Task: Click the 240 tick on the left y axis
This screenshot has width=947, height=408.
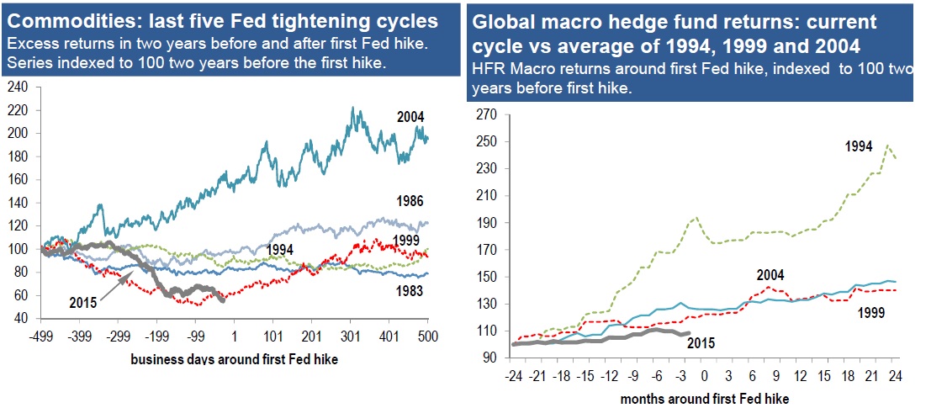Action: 17,86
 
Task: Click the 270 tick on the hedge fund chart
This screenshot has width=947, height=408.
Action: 486,114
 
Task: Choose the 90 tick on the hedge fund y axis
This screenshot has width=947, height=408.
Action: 489,358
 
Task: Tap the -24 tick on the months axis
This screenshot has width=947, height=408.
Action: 510,374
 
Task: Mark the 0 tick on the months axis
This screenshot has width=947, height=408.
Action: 706,374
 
